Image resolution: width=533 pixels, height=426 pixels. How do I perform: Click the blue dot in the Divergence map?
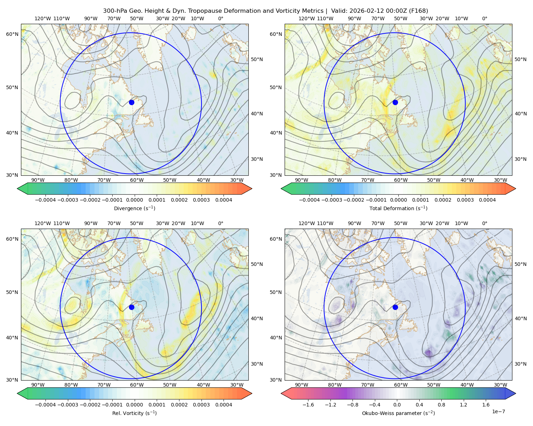pyautogui.click(x=131, y=102)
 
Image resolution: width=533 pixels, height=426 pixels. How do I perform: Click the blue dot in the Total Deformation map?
pyautogui.click(x=395, y=102)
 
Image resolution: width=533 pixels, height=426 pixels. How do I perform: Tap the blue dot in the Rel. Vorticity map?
pyautogui.click(x=131, y=307)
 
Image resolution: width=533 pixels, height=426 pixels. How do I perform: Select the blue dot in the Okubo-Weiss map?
pyautogui.click(x=395, y=307)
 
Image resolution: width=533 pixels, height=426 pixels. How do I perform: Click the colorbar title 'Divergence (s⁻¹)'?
pyautogui.click(x=135, y=208)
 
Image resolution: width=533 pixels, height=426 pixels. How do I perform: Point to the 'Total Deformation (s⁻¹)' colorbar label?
pyautogui.click(x=398, y=208)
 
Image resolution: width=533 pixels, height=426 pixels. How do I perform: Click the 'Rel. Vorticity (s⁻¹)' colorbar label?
pyautogui.click(x=135, y=413)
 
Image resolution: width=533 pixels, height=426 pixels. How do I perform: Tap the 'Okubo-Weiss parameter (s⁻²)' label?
pyautogui.click(x=398, y=413)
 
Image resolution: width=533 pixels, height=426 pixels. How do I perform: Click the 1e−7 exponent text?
pyautogui.click(x=499, y=411)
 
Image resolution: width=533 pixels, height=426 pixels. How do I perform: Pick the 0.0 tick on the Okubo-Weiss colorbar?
pyautogui.click(x=397, y=405)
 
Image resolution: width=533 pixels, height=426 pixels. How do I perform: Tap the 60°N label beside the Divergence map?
pyautogui.click(x=12, y=34)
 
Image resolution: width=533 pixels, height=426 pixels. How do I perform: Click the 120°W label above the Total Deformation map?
pyautogui.click(x=306, y=18)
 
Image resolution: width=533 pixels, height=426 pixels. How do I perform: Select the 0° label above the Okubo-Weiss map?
pyautogui.click(x=485, y=223)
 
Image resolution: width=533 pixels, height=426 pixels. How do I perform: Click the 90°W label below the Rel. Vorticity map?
pyautogui.click(x=38, y=385)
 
